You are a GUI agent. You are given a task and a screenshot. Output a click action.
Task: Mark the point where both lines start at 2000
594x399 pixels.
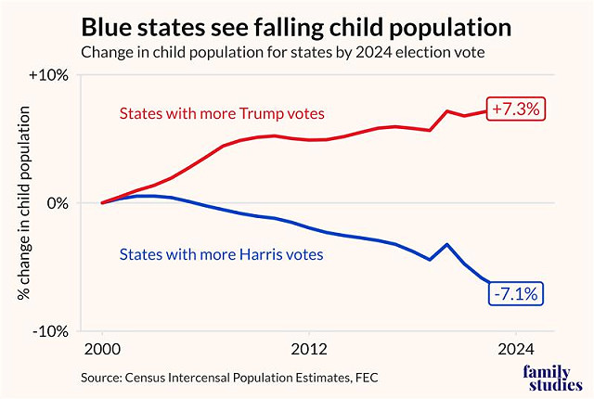point(102,202)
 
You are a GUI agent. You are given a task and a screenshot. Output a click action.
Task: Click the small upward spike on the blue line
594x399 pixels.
point(447,245)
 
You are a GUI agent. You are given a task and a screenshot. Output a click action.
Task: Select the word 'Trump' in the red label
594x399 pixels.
point(256,113)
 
